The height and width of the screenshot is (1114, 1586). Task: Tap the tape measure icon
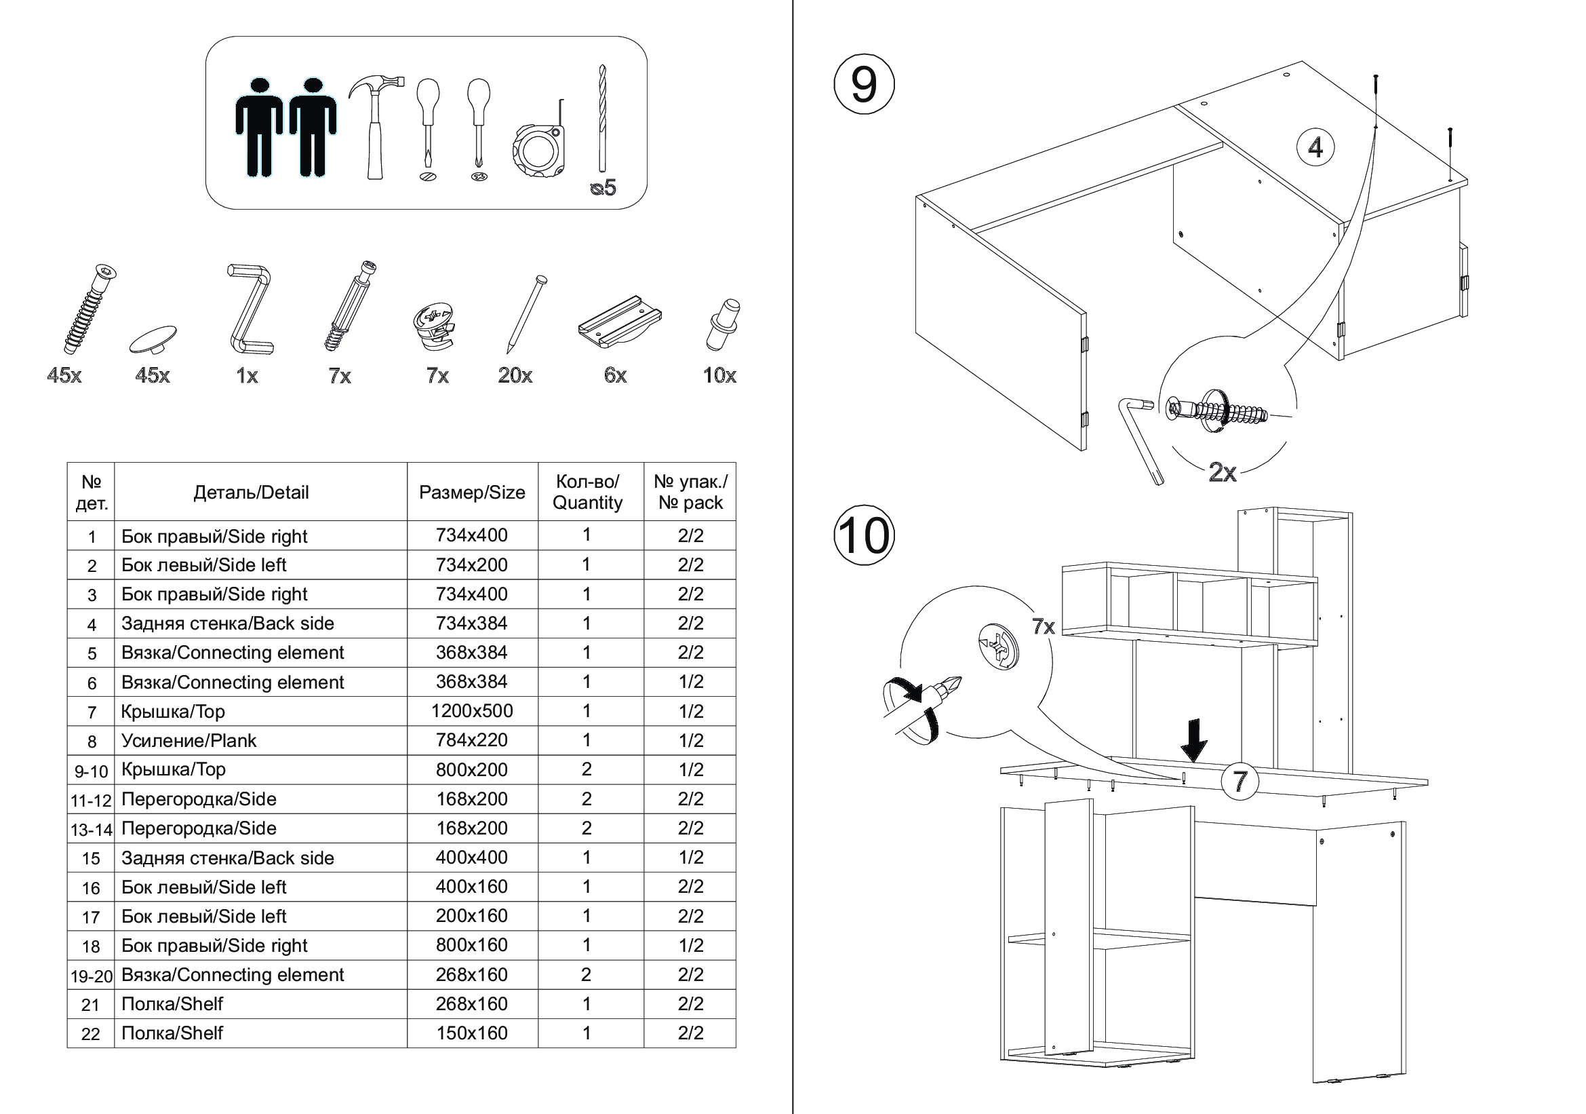point(540,147)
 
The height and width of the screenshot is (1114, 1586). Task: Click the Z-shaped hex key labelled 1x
point(250,307)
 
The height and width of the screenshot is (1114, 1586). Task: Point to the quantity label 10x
point(719,375)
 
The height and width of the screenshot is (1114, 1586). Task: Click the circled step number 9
point(863,85)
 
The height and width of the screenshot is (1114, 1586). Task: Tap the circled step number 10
point(863,535)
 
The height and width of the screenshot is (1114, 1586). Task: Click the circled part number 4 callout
point(1315,147)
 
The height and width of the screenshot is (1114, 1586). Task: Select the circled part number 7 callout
point(1240,782)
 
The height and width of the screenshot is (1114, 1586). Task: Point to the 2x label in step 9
point(1222,472)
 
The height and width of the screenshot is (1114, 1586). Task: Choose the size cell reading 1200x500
point(472,711)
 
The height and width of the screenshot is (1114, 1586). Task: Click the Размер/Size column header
point(472,492)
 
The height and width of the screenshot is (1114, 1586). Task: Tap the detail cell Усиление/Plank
point(189,741)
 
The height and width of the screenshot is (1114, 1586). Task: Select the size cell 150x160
point(472,1033)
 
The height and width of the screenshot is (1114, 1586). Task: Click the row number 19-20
point(91,976)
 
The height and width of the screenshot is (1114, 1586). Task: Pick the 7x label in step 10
point(1043,626)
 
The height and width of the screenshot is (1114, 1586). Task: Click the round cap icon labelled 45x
point(153,339)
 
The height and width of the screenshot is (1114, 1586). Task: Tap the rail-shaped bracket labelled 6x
point(619,322)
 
